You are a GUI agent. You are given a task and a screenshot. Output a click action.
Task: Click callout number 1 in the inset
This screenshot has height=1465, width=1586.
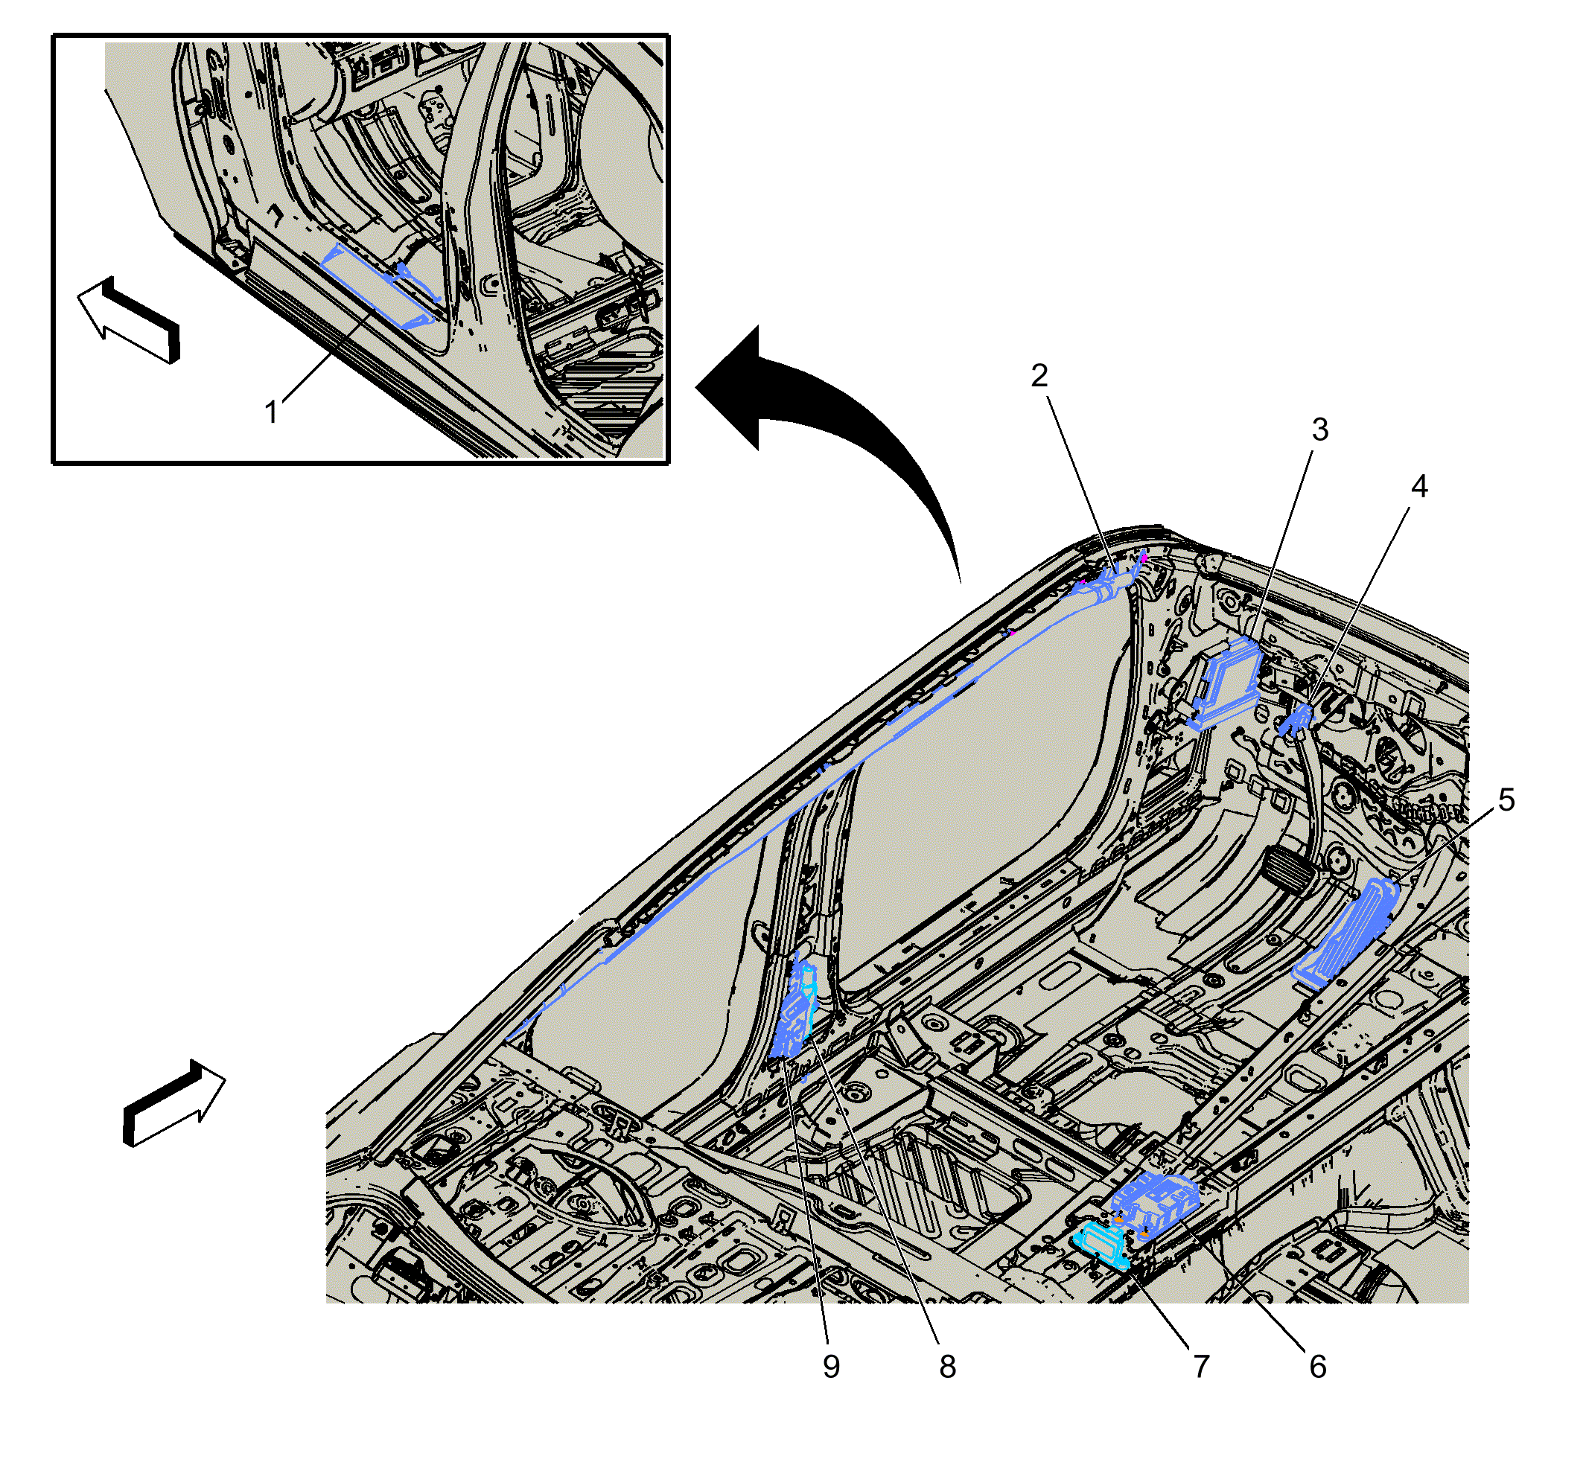click(x=272, y=412)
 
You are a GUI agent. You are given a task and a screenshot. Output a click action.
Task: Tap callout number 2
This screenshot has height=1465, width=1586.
click(x=1039, y=376)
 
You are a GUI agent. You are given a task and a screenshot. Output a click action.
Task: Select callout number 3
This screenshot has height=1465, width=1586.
click(x=1319, y=430)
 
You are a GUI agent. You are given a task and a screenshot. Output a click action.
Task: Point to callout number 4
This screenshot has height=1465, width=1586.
click(x=1418, y=487)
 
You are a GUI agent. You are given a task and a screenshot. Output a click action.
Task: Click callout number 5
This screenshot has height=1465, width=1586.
click(x=1506, y=800)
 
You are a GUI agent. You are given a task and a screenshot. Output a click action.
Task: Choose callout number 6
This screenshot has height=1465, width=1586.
click(x=1317, y=1367)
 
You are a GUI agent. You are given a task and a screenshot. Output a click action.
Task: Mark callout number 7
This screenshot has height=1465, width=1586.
click(x=1201, y=1367)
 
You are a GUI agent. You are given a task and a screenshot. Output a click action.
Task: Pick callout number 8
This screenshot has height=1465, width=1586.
click(x=948, y=1367)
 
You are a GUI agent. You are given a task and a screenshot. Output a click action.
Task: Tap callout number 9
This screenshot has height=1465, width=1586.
click(x=831, y=1367)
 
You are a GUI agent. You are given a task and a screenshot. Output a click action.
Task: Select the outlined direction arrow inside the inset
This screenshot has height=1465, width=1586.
click(x=129, y=319)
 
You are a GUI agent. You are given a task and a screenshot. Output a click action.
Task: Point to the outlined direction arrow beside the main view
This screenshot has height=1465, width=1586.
click(x=173, y=1102)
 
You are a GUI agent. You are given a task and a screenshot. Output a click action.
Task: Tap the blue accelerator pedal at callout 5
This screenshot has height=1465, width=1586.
click(x=1345, y=933)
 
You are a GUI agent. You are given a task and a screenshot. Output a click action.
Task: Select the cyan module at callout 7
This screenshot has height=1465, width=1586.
click(x=1101, y=1245)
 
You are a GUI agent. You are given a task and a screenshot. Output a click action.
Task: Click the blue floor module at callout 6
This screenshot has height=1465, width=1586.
click(x=1155, y=1205)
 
